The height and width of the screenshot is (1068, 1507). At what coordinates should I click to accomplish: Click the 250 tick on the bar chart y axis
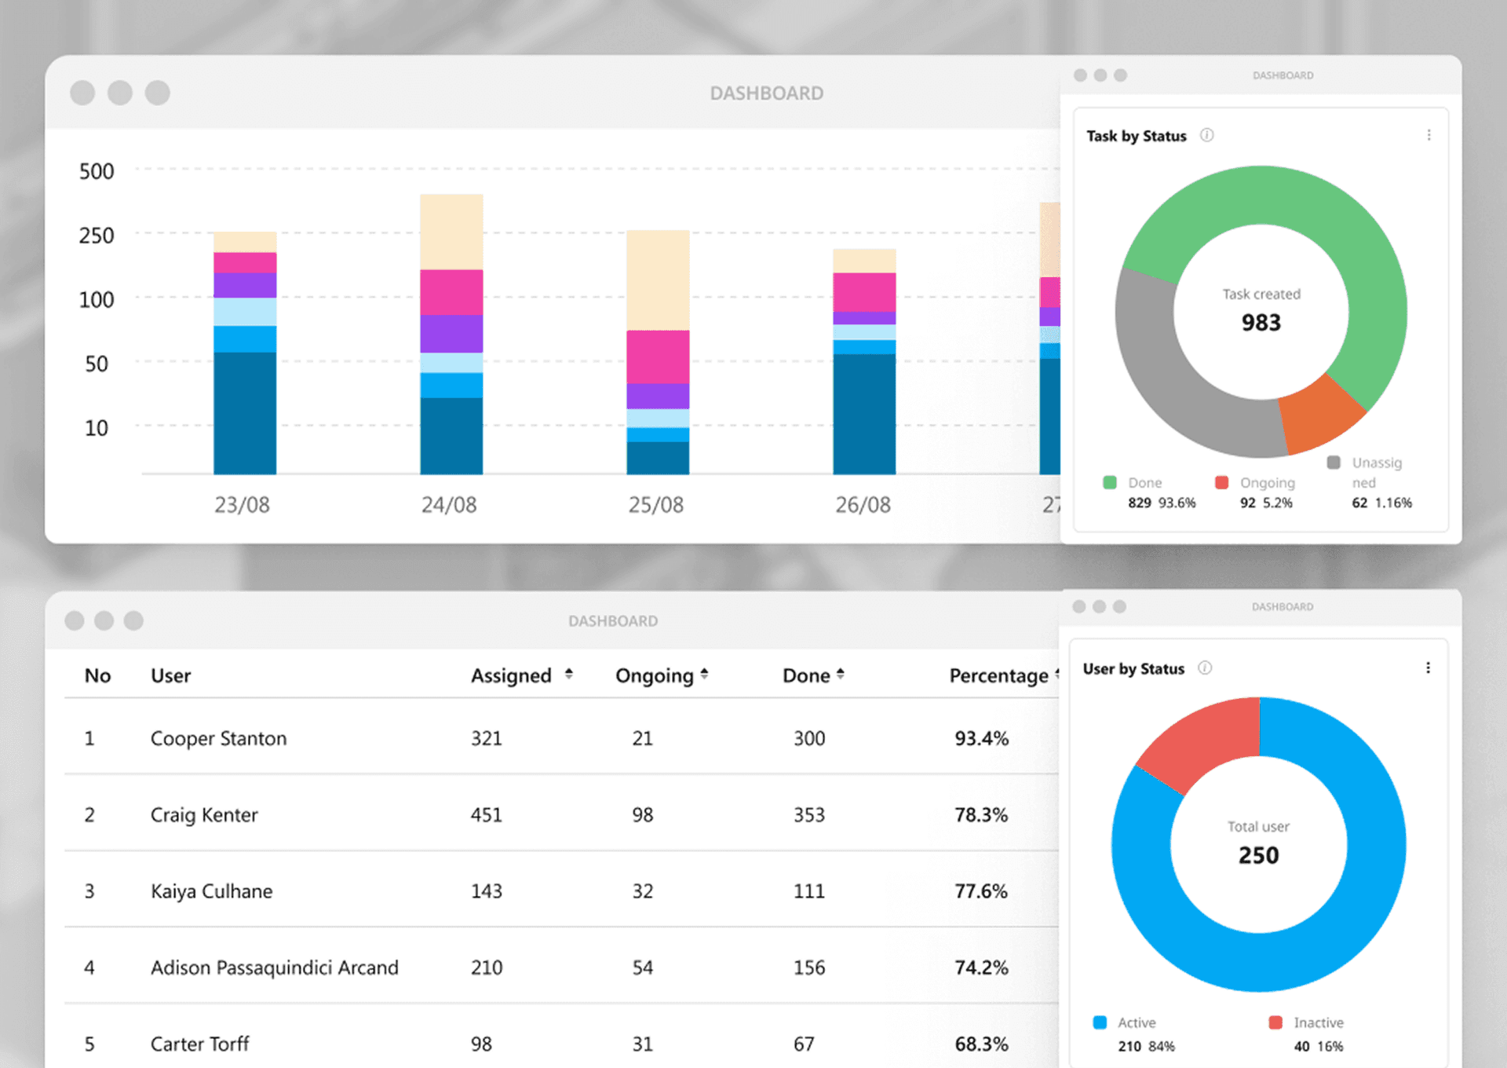[97, 236]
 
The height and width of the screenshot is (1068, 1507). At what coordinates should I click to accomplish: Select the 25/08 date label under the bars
[655, 505]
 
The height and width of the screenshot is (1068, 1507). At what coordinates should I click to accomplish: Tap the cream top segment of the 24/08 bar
[451, 232]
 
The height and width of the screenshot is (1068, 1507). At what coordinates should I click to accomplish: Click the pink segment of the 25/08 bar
[658, 357]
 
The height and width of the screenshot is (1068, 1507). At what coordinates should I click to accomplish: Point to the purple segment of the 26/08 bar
[864, 318]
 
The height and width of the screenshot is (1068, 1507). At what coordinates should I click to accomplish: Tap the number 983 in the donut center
[1261, 323]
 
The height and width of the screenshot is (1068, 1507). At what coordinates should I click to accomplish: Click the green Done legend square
[1110, 482]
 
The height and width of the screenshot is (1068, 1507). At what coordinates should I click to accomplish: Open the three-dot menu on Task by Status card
[1429, 135]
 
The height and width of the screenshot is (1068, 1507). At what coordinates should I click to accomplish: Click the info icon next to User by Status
[1205, 667]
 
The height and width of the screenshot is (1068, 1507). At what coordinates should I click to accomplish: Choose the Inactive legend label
[1319, 1022]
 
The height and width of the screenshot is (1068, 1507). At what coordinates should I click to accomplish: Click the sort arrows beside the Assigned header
[569, 675]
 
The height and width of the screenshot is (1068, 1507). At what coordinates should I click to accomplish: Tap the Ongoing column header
[655, 675]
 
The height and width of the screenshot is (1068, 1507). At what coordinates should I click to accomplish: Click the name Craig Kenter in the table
[204, 815]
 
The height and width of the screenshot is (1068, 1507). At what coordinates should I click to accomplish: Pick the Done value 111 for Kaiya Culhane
[808, 891]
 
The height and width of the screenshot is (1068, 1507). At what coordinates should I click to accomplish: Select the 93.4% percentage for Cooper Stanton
[981, 738]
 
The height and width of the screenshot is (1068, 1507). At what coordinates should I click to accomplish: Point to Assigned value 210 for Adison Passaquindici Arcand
[487, 967]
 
